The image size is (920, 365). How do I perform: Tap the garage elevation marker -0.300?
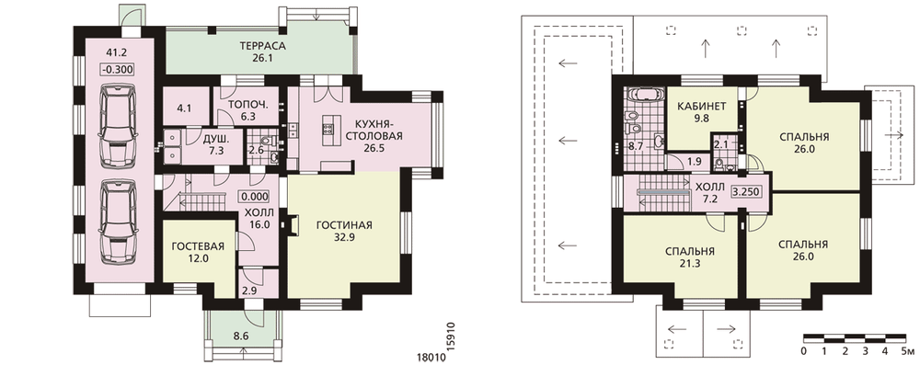pos(118,69)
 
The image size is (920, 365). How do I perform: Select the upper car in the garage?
pos(118,124)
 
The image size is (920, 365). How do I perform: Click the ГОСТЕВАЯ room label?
pos(190,245)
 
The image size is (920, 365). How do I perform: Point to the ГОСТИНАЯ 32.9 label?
pos(344,231)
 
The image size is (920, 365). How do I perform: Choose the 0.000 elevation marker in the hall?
pos(255,197)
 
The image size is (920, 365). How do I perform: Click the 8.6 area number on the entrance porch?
pos(241,336)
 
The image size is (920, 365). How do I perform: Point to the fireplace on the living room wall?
pos(291,224)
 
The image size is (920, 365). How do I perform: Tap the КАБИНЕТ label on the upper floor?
pos(702,107)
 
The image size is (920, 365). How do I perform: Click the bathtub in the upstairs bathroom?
pos(646,94)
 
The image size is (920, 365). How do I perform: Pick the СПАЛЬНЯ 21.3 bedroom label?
pos(690,257)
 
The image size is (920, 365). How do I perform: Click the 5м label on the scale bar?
pos(908,351)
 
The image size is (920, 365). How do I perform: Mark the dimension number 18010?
pos(429,356)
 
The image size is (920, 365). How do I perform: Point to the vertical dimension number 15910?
pos(451,336)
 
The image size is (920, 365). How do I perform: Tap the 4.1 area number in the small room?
pos(185,108)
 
